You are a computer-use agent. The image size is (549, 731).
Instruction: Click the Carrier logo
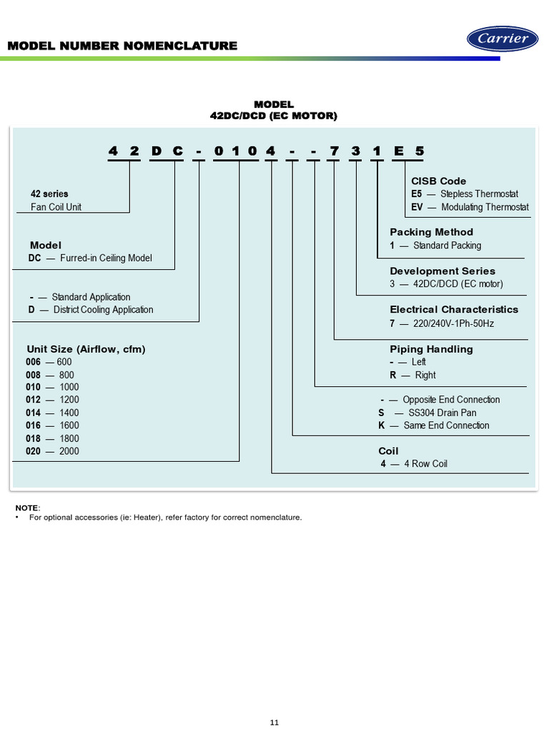coord(503,39)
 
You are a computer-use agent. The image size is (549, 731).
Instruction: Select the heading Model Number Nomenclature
coord(122,46)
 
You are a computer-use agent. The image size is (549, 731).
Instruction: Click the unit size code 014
coord(34,413)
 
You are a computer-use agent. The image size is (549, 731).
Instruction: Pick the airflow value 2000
coord(69,451)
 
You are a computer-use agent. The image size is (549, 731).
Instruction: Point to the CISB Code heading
coord(438,181)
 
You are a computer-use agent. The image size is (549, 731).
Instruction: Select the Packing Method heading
coord(431,232)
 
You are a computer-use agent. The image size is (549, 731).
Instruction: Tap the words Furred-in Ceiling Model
coord(107,258)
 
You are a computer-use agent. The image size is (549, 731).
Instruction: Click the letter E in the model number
coord(398,151)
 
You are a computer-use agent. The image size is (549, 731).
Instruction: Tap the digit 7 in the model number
coord(334,151)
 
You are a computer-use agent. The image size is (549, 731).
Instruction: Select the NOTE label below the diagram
coord(27,508)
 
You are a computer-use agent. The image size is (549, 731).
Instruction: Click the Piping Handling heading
coord(431,349)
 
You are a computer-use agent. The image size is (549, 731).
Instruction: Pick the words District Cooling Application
coord(103,310)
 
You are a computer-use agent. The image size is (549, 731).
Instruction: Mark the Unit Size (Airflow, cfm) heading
coord(86,349)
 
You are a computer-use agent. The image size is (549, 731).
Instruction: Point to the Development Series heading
coord(442,271)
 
